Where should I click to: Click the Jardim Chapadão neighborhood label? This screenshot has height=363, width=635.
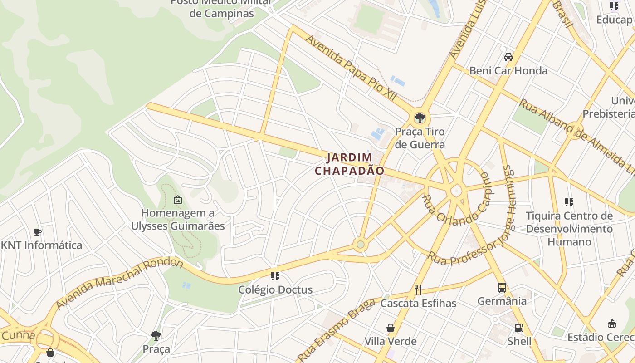coord(350,164)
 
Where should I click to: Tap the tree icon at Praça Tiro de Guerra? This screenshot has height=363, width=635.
coord(420,118)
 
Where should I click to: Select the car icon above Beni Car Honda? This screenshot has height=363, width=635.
coord(508,57)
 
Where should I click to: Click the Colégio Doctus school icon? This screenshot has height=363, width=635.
coord(275,276)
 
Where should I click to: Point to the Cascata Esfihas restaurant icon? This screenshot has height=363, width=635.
coord(418,289)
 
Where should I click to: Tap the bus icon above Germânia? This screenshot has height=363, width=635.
coord(502,287)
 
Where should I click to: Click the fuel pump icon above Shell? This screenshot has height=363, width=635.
coord(519,328)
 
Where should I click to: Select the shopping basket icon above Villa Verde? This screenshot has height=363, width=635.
coord(390,328)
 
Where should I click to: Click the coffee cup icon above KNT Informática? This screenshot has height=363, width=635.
coord(38,232)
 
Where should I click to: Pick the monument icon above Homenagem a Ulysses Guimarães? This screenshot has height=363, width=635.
coord(178,199)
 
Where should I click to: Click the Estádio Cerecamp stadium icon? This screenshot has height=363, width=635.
coord(612,324)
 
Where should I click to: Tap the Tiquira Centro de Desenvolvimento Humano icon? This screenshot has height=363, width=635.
coord(569,202)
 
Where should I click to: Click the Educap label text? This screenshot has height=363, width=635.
coord(614,20)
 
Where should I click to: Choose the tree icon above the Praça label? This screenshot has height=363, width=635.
coord(156,336)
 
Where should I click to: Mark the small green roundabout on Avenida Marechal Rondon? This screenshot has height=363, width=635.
coord(361,245)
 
